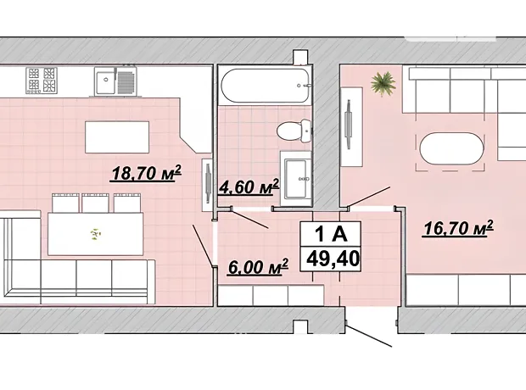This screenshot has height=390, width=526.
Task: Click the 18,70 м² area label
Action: point(146,173)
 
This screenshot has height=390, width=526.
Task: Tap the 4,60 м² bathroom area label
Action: point(249,187)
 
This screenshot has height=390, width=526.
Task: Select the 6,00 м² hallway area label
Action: point(258,267)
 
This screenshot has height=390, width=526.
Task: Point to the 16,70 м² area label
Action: point(458,228)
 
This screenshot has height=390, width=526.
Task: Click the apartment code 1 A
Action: point(330,234)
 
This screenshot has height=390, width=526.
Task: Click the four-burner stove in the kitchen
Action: point(42,81)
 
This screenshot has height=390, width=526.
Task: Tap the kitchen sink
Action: point(115,81)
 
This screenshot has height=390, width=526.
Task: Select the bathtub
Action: point(265,86)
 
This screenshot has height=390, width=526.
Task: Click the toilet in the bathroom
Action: point(294,131)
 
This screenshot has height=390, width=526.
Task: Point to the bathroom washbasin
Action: point(296,178)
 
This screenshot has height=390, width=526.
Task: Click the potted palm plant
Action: point(383,84)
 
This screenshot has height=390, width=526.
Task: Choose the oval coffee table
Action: point(451,148)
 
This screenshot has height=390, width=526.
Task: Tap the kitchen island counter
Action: point(117,137)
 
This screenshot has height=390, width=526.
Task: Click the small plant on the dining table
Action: point(96,234)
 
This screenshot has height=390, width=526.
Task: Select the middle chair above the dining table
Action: point(95,203)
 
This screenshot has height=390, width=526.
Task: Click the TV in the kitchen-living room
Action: point(208,184)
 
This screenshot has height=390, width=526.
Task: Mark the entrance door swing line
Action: point(369,336)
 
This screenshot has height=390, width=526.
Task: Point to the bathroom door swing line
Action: point(250,219)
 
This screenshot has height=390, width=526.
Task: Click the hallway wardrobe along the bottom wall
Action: point(271,295)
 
